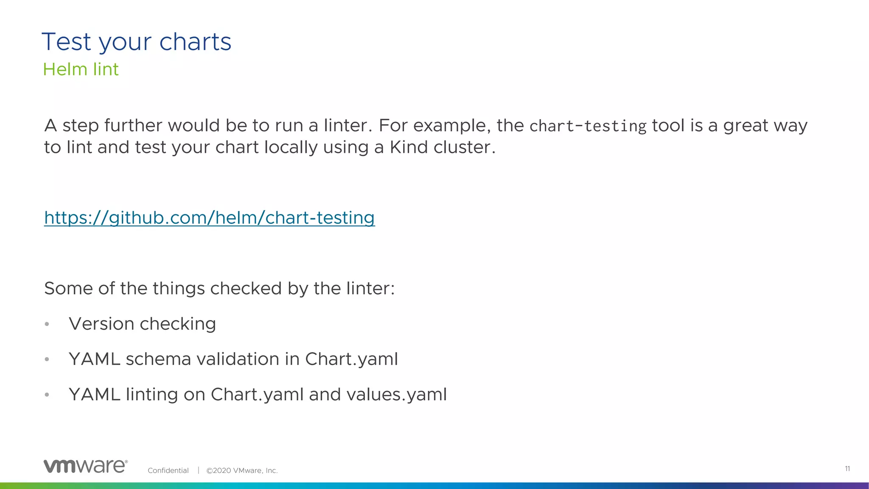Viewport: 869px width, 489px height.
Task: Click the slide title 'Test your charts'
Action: (x=136, y=42)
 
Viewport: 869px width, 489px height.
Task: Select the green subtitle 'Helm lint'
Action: (x=81, y=70)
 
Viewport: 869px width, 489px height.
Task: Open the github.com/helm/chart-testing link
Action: (x=209, y=218)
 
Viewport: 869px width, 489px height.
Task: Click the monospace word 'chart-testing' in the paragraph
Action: (x=588, y=126)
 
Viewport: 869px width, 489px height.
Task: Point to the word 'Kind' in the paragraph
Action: (x=409, y=147)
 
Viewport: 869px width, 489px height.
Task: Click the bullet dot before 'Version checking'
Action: (x=47, y=325)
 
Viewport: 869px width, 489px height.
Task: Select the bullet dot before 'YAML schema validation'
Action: (x=47, y=360)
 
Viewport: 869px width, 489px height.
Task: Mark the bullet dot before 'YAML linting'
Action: (x=47, y=395)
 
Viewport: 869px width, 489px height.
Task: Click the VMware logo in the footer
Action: (x=85, y=466)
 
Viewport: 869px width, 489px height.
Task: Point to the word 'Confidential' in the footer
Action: (x=168, y=470)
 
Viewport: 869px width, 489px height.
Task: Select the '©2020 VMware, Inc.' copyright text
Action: (x=242, y=470)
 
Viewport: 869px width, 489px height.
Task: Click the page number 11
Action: (x=847, y=469)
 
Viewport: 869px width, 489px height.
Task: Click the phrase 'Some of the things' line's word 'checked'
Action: (x=246, y=289)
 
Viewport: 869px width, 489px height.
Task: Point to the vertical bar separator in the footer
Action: (x=198, y=470)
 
